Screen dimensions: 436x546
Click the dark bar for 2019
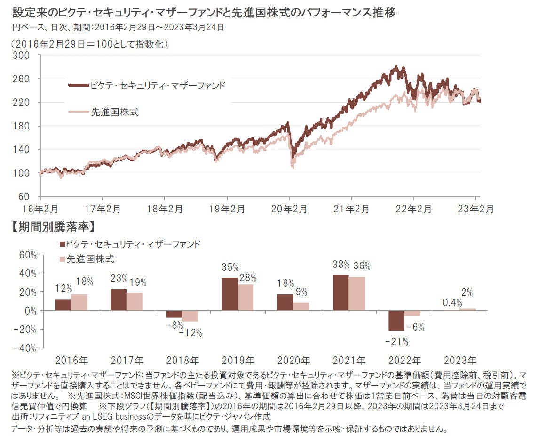pos(229,294)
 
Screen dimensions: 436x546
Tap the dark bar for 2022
pos(396,321)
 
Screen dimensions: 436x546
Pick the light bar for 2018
pos(190,316)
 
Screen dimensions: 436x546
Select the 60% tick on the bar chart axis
pos(27,255)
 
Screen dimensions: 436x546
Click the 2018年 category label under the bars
pos(182,361)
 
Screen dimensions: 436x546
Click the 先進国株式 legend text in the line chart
pos(115,112)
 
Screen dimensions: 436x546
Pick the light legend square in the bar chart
pos(62,259)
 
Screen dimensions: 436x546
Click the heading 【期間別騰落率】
pos(53,226)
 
